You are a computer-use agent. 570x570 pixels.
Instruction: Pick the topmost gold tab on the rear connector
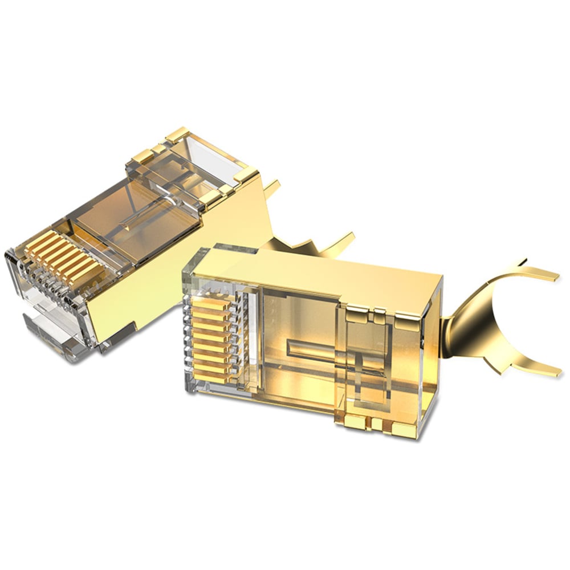pos(177,136)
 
